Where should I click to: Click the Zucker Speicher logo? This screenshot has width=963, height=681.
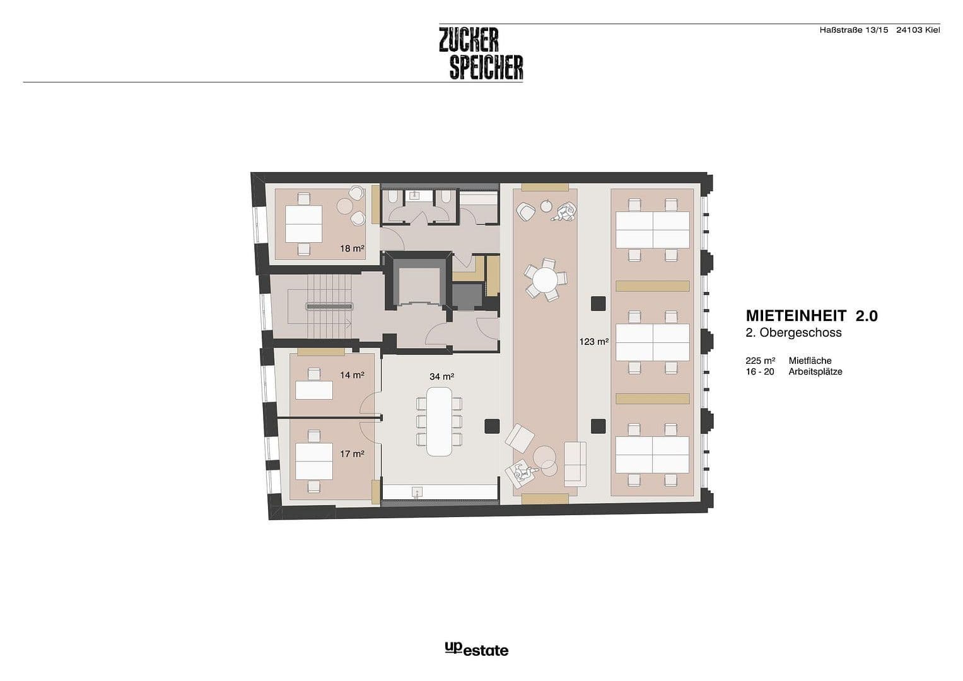[x=481, y=53]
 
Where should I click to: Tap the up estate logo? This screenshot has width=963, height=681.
[x=476, y=649]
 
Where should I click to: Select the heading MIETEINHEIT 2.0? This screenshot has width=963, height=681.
[x=812, y=315]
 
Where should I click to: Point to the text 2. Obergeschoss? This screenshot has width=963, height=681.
[x=794, y=333]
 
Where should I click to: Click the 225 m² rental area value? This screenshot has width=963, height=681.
[x=760, y=361]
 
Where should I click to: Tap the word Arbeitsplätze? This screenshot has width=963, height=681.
[x=815, y=372]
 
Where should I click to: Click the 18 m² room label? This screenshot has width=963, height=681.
[x=352, y=248]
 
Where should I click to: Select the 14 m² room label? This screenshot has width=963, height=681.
[x=352, y=375]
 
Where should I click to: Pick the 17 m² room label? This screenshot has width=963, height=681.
[x=352, y=453]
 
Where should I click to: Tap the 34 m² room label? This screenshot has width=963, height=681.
[x=441, y=376]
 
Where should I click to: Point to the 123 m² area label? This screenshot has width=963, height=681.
[x=594, y=342]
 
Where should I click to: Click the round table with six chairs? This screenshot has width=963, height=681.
[x=546, y=277]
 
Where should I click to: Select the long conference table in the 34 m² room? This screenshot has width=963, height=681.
[x=439, y=421]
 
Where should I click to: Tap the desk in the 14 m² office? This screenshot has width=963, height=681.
[x=314, y=390]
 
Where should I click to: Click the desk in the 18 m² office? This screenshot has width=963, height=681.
[x=303, y=224]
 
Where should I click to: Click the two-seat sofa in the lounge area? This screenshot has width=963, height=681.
[x=575, y=462]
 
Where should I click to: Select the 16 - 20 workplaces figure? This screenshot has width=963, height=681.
[x=760, y=372]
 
